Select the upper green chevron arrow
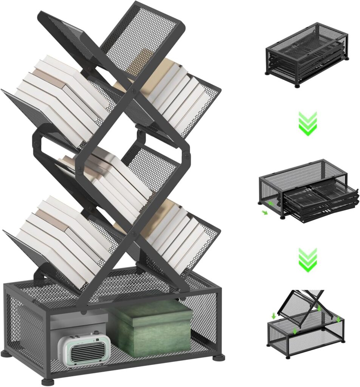(307, 124)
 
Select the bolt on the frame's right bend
(186, 155)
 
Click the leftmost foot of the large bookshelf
(6, 354)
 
